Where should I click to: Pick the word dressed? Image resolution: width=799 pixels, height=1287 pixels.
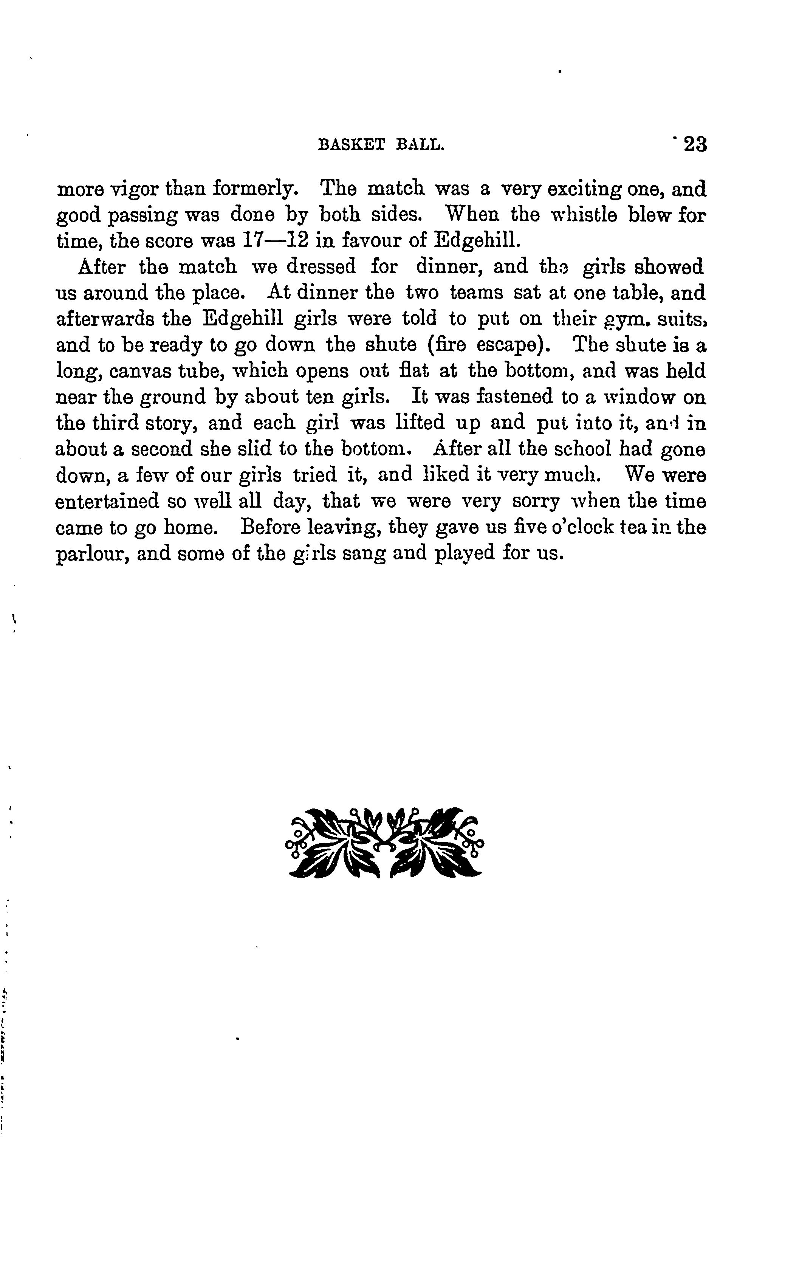[321, 267]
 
